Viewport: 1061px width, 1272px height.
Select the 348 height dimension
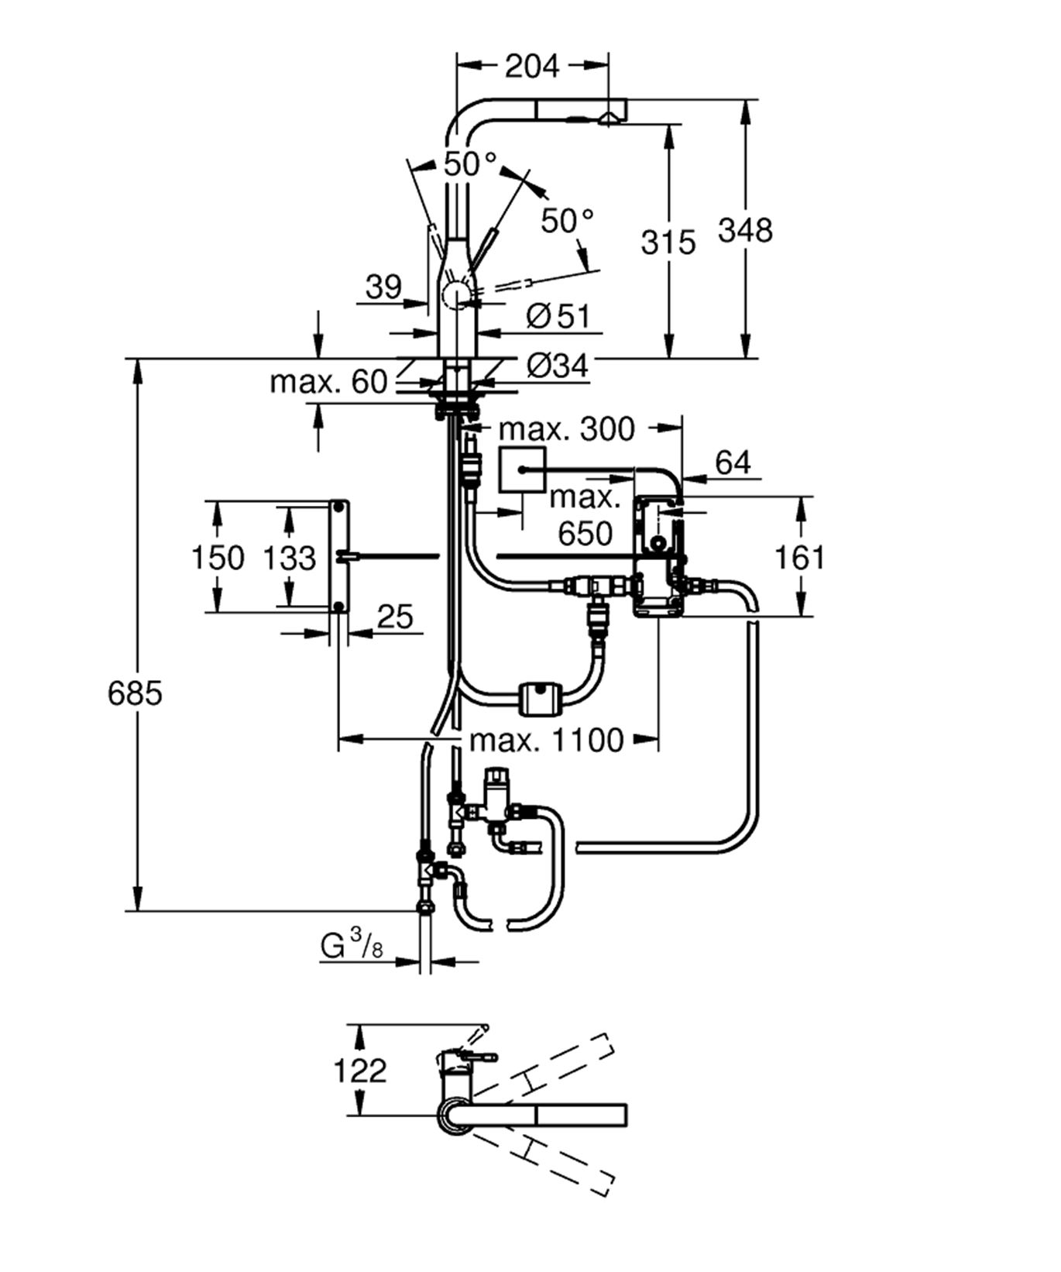tap(744, 230)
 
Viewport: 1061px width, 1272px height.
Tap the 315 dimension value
tap(668, 242)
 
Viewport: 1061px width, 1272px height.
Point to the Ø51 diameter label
tap(558, 316)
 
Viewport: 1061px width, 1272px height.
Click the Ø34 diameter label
tap(558, 366)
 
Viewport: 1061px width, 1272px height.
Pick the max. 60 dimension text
tap(328, 382)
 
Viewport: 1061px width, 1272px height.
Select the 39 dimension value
tap(383, 287)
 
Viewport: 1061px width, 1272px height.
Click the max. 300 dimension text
tap(566, 428)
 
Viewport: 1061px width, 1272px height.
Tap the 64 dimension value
tap(732, 463)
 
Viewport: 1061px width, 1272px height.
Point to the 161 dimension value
tap(799, 558)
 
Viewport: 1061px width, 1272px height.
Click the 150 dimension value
tap(217, 558)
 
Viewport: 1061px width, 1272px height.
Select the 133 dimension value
tap(289, 558)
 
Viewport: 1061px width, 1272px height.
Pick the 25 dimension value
tap(395, 617)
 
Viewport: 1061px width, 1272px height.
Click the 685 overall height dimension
tap(135, 693)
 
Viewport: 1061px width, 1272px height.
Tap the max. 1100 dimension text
tap(546, 741)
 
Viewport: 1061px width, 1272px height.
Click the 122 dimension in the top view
tap(359, 1071)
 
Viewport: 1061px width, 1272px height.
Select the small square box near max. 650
tap(522, 470)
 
